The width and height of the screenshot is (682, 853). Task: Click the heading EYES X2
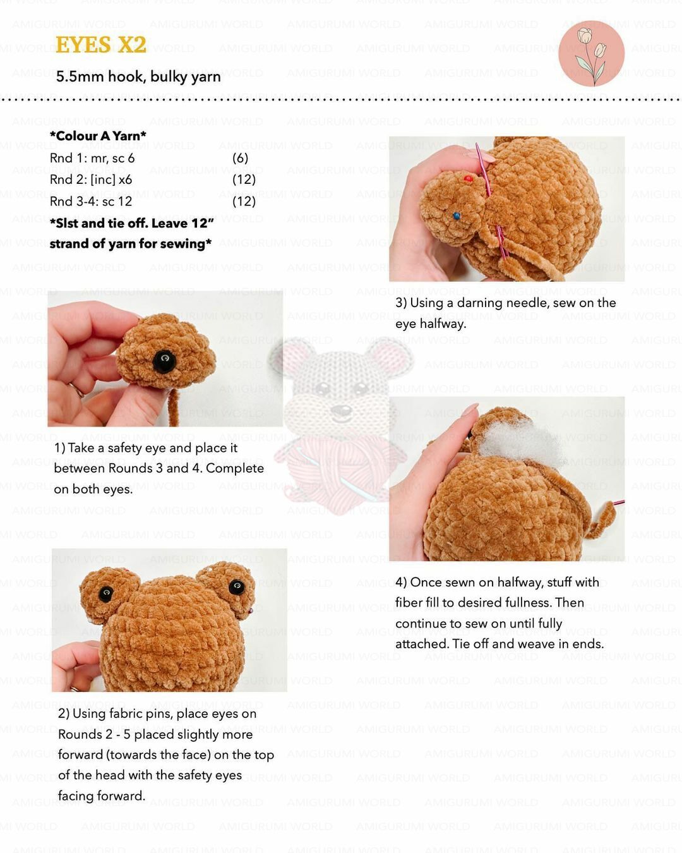tap(100, 44)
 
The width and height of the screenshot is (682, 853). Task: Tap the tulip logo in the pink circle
tap(591, 54)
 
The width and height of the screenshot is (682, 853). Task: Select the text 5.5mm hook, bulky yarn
tap(138, 76)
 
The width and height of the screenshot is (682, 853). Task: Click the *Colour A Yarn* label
tap(98, 136)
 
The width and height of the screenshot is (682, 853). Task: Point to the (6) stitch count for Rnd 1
tap(240, 158)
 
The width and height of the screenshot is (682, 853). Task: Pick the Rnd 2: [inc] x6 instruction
tap(91, 179)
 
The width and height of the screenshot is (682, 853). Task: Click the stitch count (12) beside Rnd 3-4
tap(244, 202)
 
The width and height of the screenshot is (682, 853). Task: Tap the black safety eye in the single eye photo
tap(164, 361)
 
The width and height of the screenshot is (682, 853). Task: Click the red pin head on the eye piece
tap(467, 179)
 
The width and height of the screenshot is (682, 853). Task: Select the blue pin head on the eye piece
tap(457, 216)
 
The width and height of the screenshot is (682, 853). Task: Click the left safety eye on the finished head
tap(106, 593)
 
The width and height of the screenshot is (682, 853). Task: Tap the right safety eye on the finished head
tap(237, 586)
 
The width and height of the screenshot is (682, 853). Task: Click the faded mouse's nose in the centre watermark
tap(341, 409)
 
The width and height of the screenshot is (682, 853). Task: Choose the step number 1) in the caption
tap(59, 448)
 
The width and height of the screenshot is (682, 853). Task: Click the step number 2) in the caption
tap(64, 713)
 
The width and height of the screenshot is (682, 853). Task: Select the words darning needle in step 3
tap(503, 303)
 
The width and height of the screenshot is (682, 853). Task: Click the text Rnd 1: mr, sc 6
tap(92, 158)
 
